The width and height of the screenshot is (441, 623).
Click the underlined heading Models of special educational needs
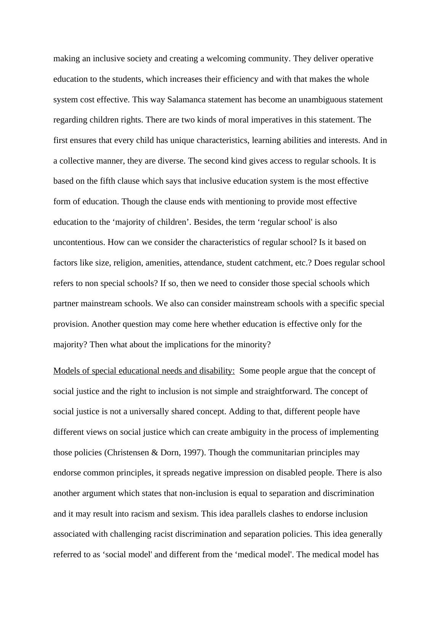coord(144,371)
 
